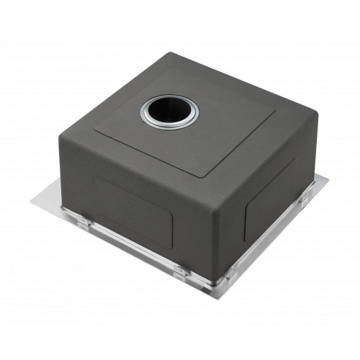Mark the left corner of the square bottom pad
point(95,132)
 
